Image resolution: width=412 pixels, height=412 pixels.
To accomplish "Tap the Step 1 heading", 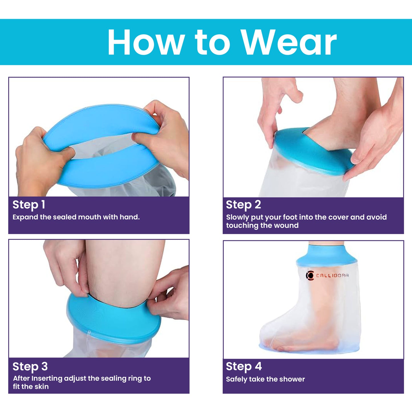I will (29, 205).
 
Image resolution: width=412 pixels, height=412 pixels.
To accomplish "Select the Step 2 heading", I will (243, 205).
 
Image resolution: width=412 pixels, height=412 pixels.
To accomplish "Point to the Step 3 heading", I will (30, 366).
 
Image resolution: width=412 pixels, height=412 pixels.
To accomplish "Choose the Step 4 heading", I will (244, 366).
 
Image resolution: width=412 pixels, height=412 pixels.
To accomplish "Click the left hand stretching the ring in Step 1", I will (40, 160).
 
